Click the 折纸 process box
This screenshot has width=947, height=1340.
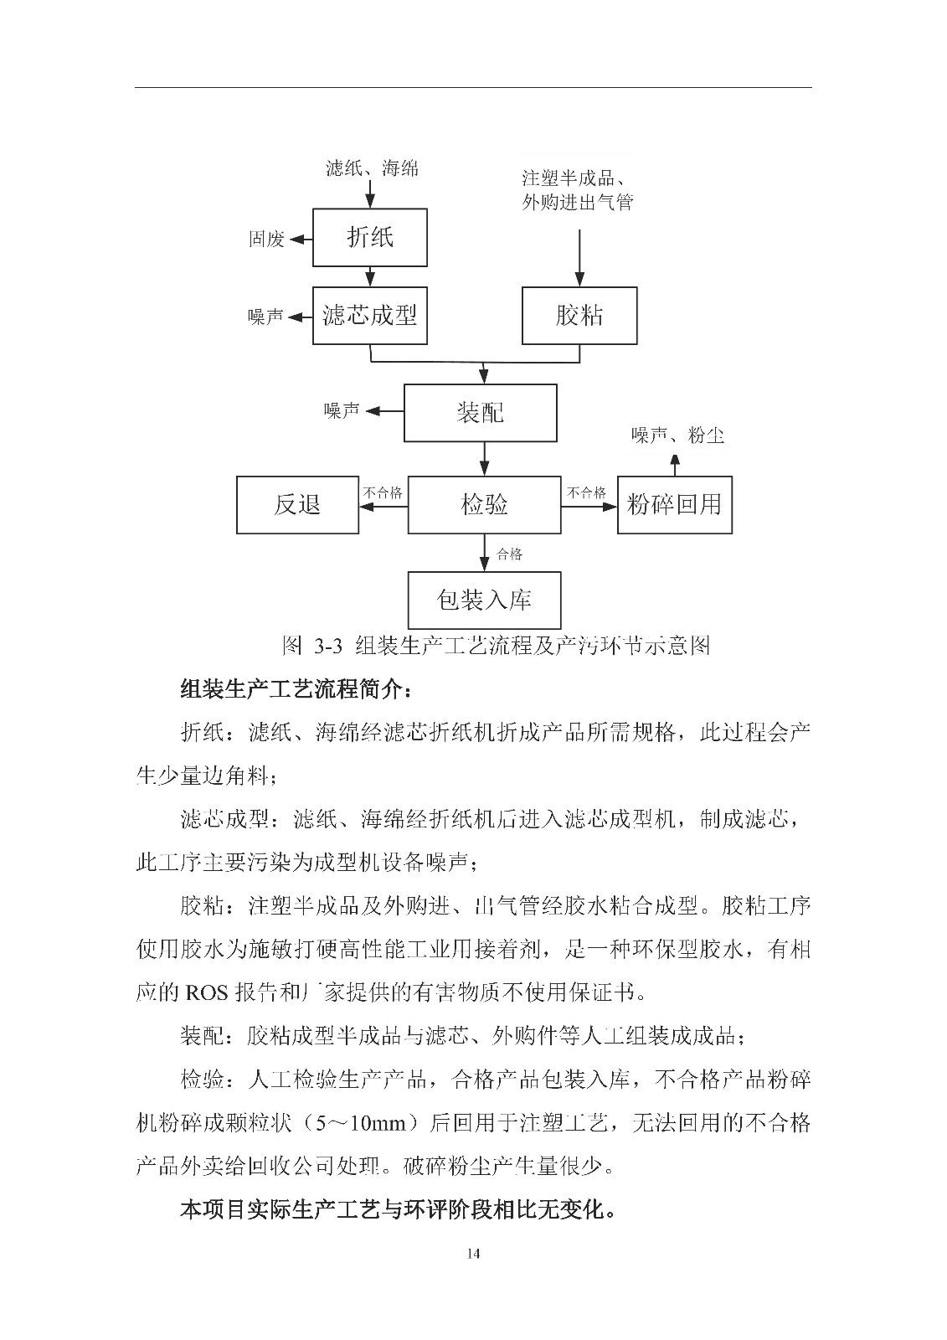click(x=370, y=238)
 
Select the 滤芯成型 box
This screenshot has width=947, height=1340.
click(x=370, y=316)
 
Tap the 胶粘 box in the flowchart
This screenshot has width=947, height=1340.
click(x=579, y=316)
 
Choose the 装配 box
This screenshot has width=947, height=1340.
click(x=481, y=413)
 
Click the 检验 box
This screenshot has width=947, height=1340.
click(x=484, y=505)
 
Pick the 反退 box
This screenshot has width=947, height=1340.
click(x=297, y=505)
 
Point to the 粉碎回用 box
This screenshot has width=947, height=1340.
click(x=675, y=505)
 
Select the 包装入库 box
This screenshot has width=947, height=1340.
click(x=484, y=600)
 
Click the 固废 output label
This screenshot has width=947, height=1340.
click(x=265, y=240)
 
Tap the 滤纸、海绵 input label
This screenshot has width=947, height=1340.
click(x=372, y=168)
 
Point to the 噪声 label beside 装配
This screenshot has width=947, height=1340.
click(x=342, y=410)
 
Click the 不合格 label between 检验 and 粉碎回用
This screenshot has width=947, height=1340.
click(x=586, y=492)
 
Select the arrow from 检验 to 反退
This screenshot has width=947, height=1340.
click(x=383, y=505)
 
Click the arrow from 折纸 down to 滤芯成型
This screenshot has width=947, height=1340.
click(x=370, y=277)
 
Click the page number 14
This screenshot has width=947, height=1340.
click(x=473, y=1253)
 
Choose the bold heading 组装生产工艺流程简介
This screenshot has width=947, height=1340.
click(x=296, y=690)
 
